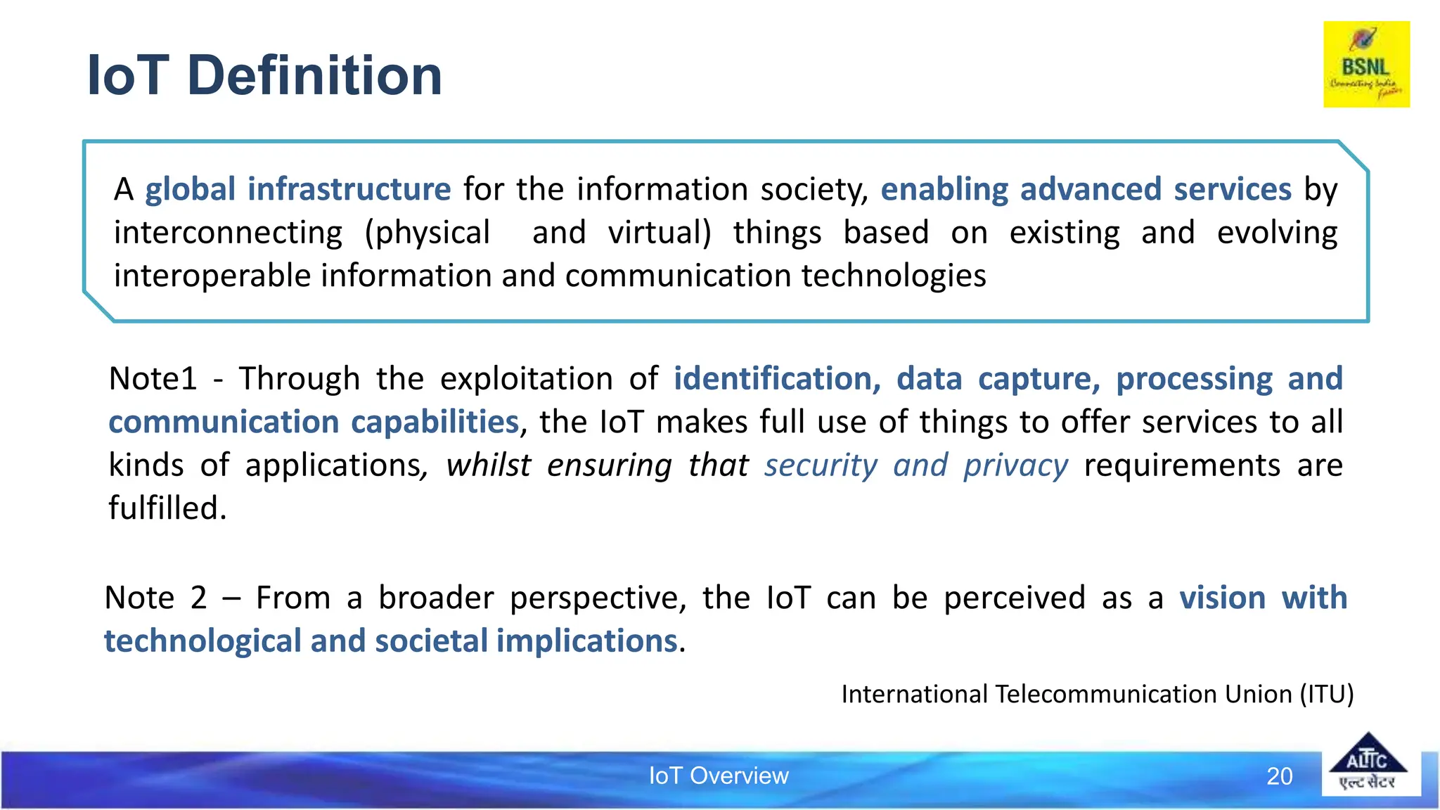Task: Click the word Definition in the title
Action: click(314, 75)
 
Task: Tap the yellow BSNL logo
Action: click(1366, 64)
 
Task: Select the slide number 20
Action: click(1279, 776)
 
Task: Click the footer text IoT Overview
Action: click(718, 776)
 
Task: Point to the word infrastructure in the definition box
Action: click(349, 189)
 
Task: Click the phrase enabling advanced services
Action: click(1086, 189)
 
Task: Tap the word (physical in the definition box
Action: click(427, 233)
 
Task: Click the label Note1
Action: click(153, 378)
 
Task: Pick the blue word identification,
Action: click(777, 378)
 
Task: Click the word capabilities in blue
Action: click(435, 422)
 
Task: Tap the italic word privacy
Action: click(1015, 465)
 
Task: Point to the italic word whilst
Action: click(489, 465)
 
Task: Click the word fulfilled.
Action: click(167, 508)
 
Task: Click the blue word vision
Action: click(1222, 598)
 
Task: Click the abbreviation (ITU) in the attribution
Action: click(1326, 694)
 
